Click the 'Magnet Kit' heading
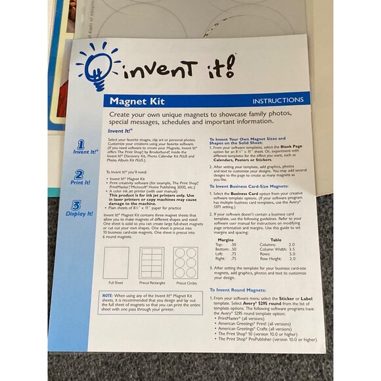137,102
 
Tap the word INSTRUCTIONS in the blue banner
279,101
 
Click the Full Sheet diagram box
116,263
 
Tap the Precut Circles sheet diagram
185,263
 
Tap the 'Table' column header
277,240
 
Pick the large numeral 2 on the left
79,175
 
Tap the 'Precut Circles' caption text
185,283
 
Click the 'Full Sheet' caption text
116,283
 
